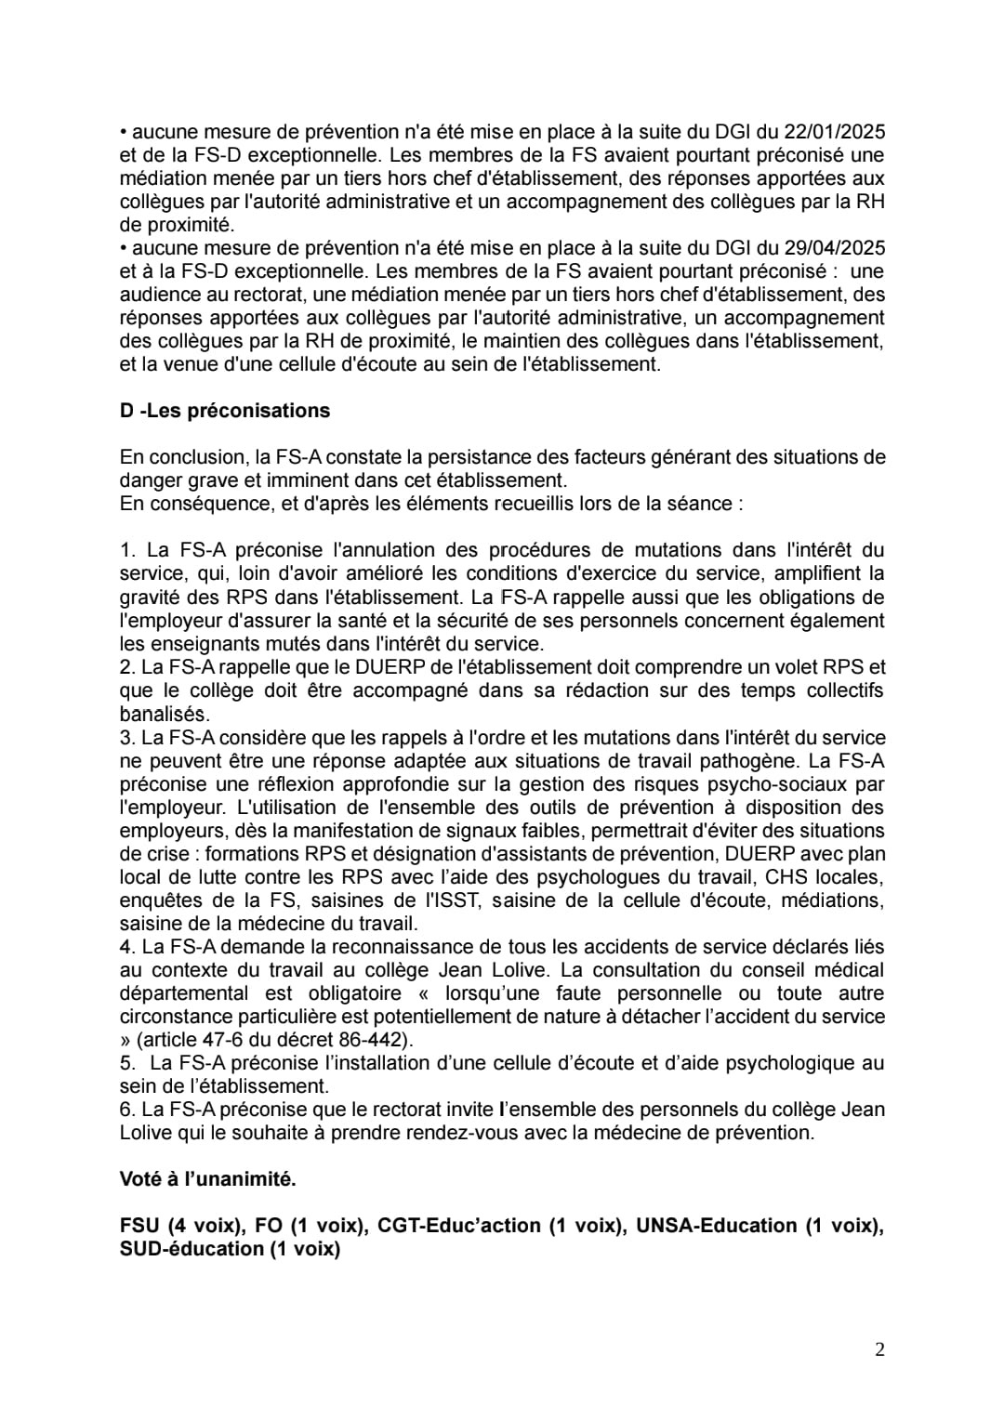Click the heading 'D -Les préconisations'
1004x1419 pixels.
click(x=225, y=411)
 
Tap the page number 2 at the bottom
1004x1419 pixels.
click(x=879, y=1349)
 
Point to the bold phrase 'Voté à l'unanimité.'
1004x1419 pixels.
click(x=208, y=1179)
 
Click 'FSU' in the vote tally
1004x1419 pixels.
click(x=139, y=1226)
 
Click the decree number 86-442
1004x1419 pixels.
click(x=378, y=1040)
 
